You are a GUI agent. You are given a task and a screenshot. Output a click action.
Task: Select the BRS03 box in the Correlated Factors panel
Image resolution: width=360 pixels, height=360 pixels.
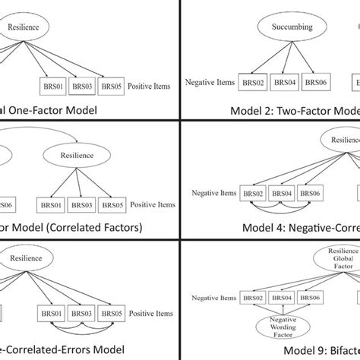(x=80, y=205)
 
